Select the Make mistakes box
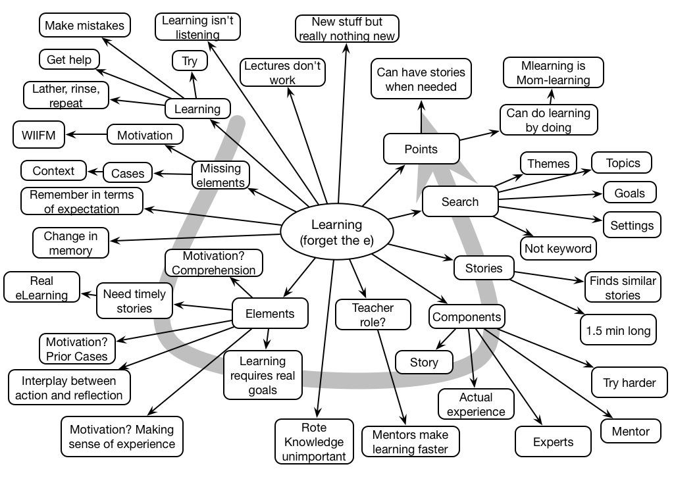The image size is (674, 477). pyautogui.click(x=84, y=26)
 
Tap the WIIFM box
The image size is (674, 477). pyautogui.click(x=38, y=136)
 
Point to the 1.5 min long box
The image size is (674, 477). pyautogui.click(x=618, y=330)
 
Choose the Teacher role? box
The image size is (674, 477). pyautogui.click(x=373, y=314)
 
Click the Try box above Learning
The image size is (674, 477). pyautogui.click(x=190, y=61)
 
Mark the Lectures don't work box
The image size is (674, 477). pyautogui.click(x=282, y=72)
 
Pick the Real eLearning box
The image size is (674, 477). pyautogui.click(x=41, y=288)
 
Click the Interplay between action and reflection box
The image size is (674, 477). pyautogui.click(x=68, y=388)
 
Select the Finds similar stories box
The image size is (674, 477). pyautogui.click(x=623, y=288)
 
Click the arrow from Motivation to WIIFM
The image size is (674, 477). pyautogui.click(x=86, y=135)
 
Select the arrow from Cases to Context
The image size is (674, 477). pyautogui.click(x=96, y=172)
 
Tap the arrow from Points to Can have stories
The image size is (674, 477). pyautogui.click(x=421, y=116)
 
